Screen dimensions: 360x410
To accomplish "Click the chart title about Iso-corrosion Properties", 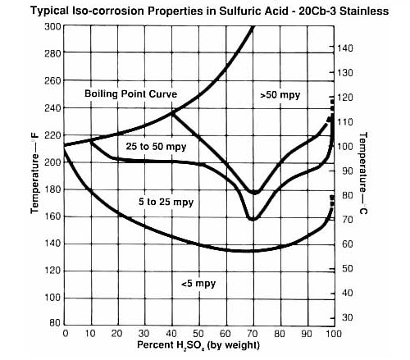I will tap(207, 11).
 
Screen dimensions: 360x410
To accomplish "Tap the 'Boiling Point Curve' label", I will tap(131, 93).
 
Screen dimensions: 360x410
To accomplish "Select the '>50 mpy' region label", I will tap(280, 95).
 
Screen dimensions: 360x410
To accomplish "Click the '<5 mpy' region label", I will tap(198, 283).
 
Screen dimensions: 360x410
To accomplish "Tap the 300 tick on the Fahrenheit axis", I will tap(52, 26).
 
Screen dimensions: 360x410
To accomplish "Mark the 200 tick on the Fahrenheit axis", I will tap(52, 162).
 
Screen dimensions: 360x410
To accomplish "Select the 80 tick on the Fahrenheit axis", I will tap(54, 325).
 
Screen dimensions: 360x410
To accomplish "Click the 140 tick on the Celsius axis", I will tap(346, 48).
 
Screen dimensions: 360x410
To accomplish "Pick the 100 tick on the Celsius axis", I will tap(346, 146).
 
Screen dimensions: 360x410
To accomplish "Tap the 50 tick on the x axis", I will tap(197, 335).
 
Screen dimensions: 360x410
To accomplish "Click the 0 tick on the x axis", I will tap(65, 335).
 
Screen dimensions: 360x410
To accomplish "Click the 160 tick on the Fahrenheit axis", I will tap(52, 216).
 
